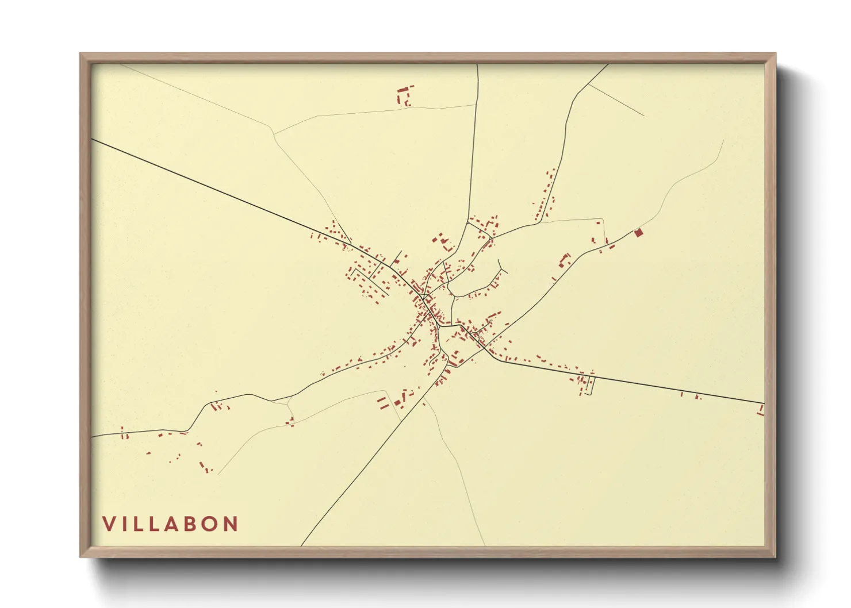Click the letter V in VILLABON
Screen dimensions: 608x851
pos(109,524)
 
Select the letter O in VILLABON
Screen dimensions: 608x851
pos(209,524)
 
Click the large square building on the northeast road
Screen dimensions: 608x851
pos(637,232)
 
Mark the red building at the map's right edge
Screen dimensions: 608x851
pos(761,410)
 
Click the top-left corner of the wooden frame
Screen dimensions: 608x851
pos(82,55)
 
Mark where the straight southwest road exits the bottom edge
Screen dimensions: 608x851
pos(301,545)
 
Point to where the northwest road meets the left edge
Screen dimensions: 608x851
pos(93,139)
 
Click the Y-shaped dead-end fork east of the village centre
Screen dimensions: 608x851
pos(503,269)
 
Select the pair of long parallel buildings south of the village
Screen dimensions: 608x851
pos(382,402)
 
